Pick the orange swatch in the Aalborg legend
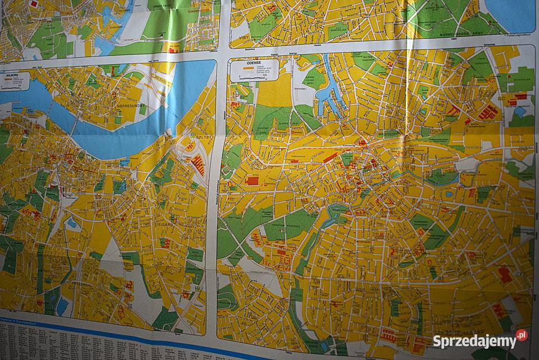[x=8, y=79]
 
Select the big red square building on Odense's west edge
[x=252, y=181]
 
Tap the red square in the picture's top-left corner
[x=34, y=4]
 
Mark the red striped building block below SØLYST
[x=197, y=165]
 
